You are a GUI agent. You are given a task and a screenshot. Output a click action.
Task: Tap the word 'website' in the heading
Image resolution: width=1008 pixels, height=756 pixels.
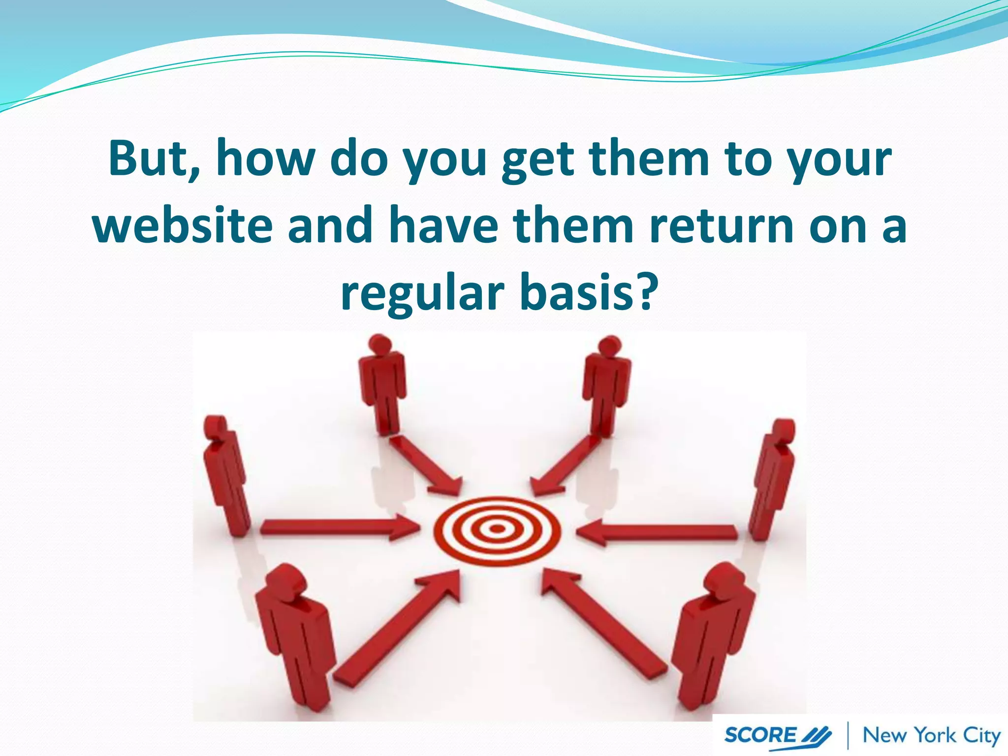[183, 225]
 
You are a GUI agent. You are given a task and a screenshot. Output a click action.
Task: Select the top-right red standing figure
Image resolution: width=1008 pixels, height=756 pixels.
[606, 386]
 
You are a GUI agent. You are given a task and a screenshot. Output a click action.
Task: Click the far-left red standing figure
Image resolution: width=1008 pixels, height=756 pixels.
[225, 475]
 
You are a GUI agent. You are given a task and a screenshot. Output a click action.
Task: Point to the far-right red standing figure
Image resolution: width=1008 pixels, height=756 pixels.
[772, 480]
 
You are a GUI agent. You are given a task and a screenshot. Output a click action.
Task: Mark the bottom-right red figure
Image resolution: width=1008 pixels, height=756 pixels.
[709, 640]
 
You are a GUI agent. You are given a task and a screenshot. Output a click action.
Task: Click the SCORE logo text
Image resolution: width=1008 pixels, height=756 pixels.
[760, 735]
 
